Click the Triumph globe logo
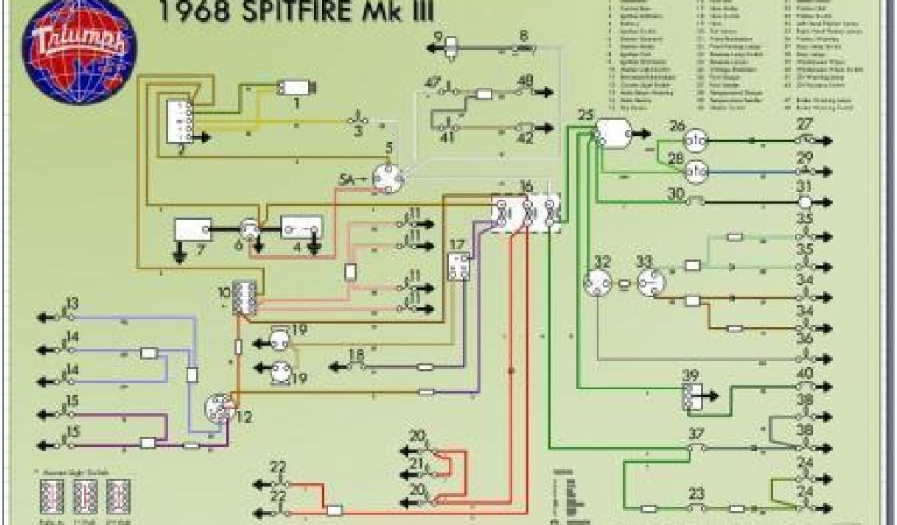[80, 47]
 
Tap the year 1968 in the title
[192, 12]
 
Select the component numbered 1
[296, 87]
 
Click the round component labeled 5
[386, 178]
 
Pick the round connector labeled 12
[216, 407]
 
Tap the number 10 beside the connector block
[224, 290]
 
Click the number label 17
[457, 245]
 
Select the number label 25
[586, 115]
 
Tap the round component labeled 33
[650, 281]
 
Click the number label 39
[691, 375]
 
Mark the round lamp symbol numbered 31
[804, 201]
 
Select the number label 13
[72, 304]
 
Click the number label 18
[357, 354]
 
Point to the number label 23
[696, 493]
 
